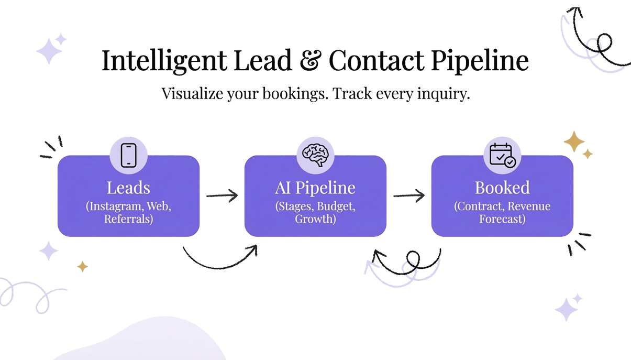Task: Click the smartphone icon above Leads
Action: (x=128, y=156)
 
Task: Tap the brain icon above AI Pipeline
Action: (x=315, y=155)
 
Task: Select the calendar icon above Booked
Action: (x=502, y=156)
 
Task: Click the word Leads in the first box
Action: (x=128, y=188)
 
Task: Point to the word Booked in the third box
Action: (x=502, y=188)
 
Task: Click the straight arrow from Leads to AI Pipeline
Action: (x=222, y=195)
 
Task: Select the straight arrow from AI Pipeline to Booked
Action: (x=408, y=196)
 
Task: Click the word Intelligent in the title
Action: (x=164, y=61)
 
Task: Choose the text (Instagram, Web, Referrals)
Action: (x=128, y=212)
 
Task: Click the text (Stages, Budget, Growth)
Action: (x=315, y=212)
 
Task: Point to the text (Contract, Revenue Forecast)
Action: (x=502, y=212)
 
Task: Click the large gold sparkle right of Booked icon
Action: (x=573, y=141)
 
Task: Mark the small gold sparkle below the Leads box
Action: (x=82, y=267)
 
